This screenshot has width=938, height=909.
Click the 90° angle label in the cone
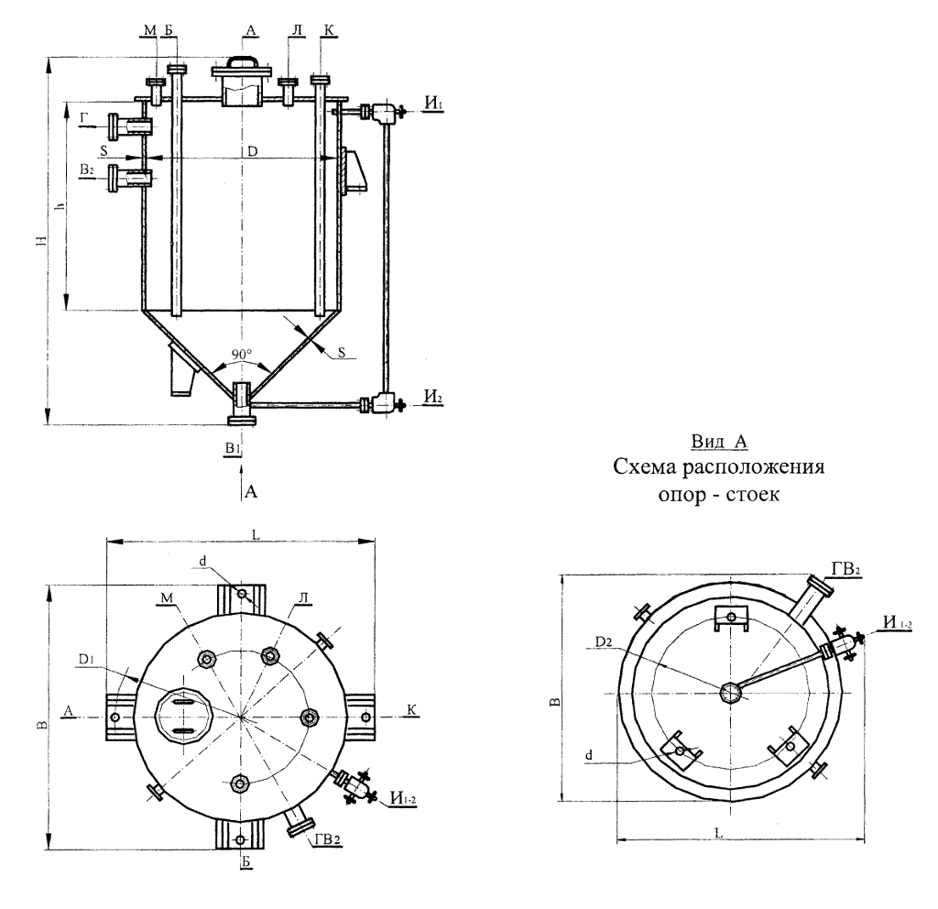tap(242, 355)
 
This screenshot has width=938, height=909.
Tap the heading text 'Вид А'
tap(719, 442)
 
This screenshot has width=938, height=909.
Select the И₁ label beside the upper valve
tap(433, 103)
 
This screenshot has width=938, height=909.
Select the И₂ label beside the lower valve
tap(433, 396)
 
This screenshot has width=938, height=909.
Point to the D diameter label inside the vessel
tap(253, 151)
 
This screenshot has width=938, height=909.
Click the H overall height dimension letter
tap(40, 241)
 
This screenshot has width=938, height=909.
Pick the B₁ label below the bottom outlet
tap(234, 447)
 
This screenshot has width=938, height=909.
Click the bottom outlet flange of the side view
tap(242, 422)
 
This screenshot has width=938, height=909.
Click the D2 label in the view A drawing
tap(605, 642)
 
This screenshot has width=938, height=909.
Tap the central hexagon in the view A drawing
tap(731, 693)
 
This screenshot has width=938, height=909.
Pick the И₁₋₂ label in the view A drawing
tap(898, 622)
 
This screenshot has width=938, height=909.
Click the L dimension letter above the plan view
tap(256, 534)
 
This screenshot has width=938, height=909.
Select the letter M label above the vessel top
tap(150, 30)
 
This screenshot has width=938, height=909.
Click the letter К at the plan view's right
tap(412, 710)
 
